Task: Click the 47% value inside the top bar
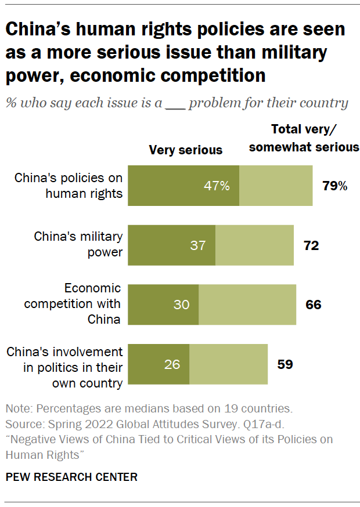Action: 216,186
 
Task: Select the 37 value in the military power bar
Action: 198,245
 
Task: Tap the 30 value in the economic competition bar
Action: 182,305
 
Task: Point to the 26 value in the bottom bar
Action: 172,364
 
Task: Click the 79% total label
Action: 334,186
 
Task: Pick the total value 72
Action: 311,245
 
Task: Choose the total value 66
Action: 314,305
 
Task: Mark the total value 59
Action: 285,364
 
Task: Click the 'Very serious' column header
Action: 185,150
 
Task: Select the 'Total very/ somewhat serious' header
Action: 304,138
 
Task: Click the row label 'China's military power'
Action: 78,244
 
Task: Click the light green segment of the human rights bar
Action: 276,186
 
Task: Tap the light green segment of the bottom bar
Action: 228,364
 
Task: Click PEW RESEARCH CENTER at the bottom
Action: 71,477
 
